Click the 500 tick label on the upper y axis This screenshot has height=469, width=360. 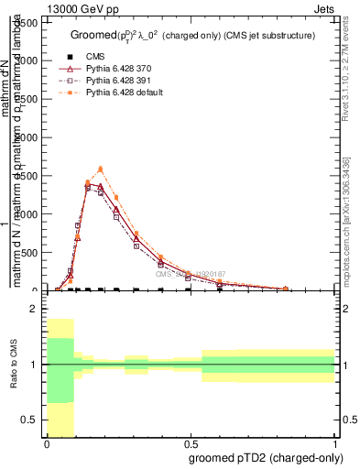point(31,214)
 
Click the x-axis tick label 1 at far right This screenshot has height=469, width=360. point(335,443)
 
